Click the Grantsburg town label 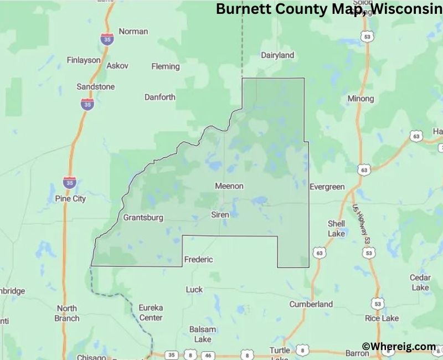[x=143, y=218]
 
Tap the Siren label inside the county [x=220, y=214]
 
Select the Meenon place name [x=229, y=186]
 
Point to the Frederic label [x=198, y=259]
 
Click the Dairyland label [x=277, y=55]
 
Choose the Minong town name [x=360, y=99]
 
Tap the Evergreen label [x=327, y=187]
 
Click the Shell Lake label [x=336, y=228]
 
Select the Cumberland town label [x=311, y=304]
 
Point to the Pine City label [x=70, y=199]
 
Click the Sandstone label [x=96, y=87]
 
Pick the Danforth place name [x=159, y=97]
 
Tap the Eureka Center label [x=151, y=313]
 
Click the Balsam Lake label [x=200, y=334]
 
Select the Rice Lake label [x=382, y=318]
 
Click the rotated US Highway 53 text [x=360, y=224]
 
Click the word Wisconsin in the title [x=409, y=9]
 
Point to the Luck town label [x=194, y=289]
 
